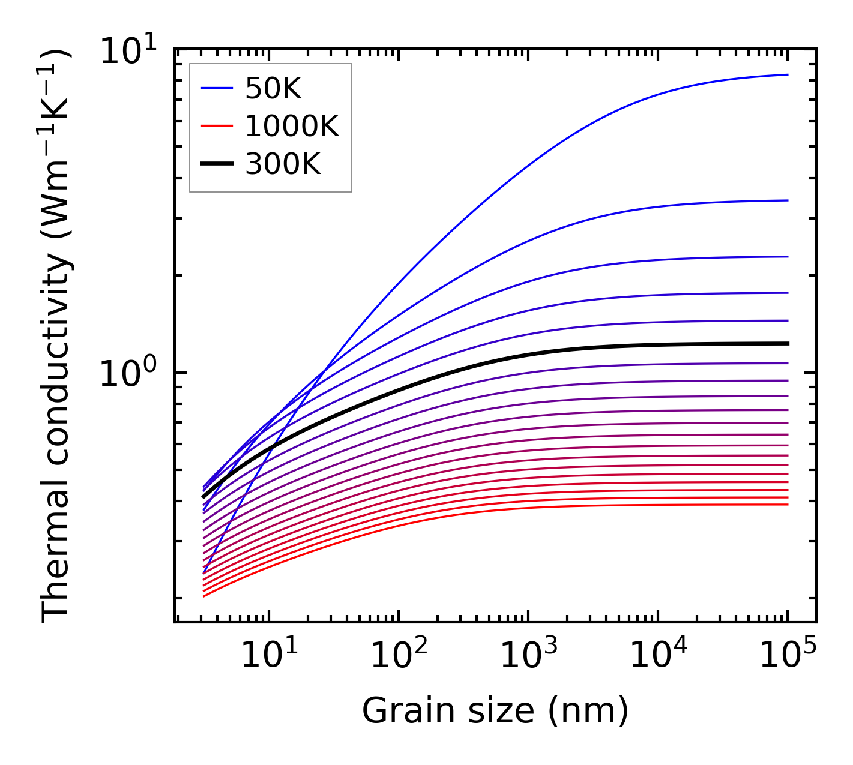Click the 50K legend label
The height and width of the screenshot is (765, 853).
[x=273, y=89]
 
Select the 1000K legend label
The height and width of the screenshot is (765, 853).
[x=292, y=127]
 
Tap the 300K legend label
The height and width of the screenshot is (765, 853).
[x=283, y=163]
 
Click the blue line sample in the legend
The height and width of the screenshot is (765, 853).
[x=217, y=89]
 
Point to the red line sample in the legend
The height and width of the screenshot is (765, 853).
[x=217, y=126]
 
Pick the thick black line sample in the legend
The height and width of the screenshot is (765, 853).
[x=217, y=163]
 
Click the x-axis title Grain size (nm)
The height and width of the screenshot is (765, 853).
[x=495, y=712]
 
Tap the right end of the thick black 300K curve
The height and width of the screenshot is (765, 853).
[x=788, y=343]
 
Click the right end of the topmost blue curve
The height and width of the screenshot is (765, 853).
[x=788, y=74]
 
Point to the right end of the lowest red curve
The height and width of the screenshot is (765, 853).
[x=788, y=504]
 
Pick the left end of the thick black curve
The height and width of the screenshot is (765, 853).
[x=203, y=497]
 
